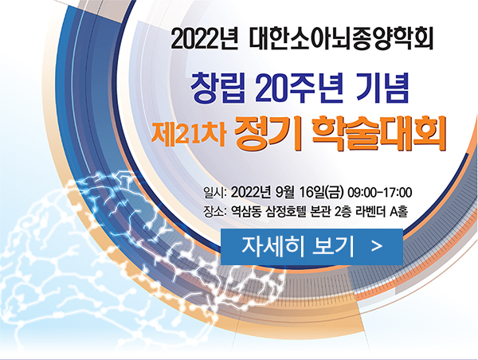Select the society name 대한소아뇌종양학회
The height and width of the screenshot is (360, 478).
pyautogui.click(x=341, y=39)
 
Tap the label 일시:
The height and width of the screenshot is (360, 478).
pyautogui.click(x=215, y=193)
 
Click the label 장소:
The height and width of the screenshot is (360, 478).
pyautogui.click(x=215, y=211)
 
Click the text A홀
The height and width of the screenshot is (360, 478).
pyautogui.click(x=399, y=211)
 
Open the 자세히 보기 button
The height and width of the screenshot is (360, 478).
pyautogui.click(x=311, y=246)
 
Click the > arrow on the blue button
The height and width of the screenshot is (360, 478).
pyautogui.click(x=377, y=246)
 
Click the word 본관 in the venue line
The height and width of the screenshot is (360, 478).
pyautogui.click(x=319, y=211)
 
